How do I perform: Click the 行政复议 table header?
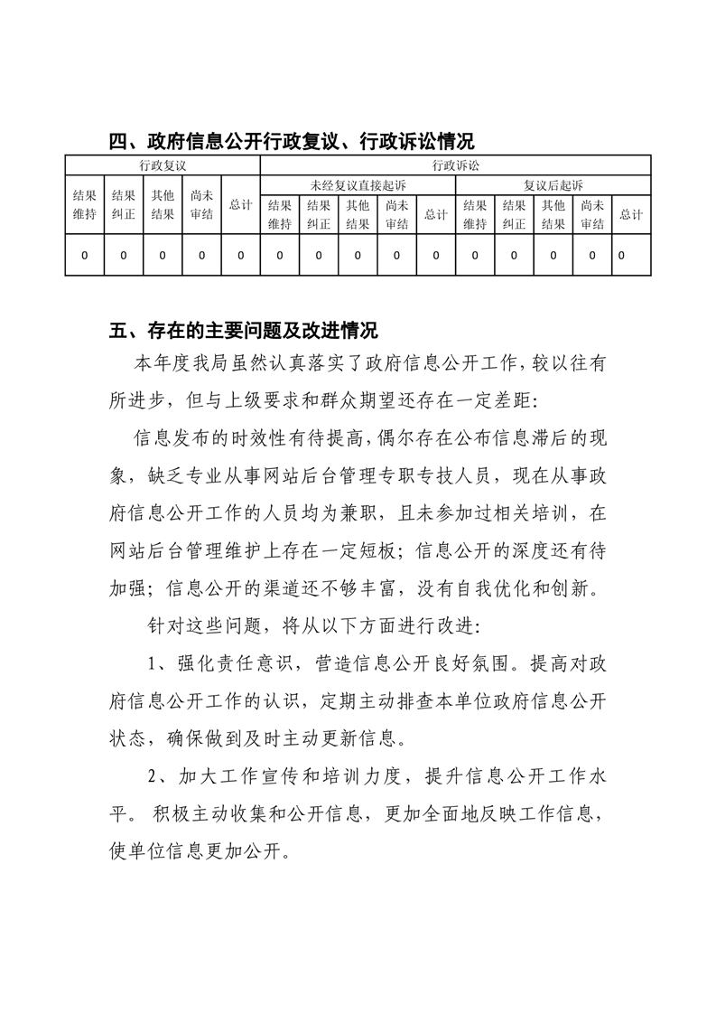(162, 165)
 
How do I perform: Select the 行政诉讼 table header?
(455, 165)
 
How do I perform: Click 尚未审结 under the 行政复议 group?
(201, 205)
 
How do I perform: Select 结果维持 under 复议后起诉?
(475, 215)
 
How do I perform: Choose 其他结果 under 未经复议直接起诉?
(358, 215)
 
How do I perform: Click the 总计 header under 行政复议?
(240, 205)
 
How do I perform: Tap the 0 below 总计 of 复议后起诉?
(622, 256)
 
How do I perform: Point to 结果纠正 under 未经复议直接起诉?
(318, 215)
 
